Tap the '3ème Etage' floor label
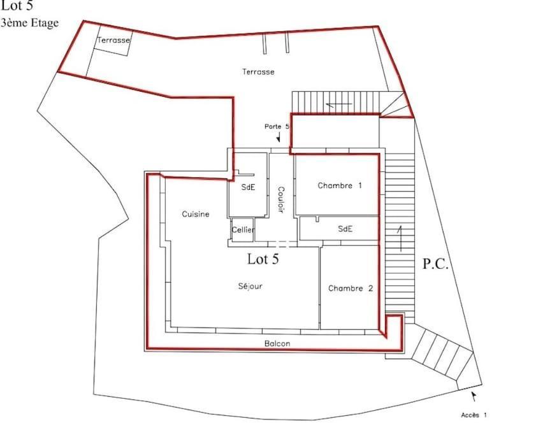pos(30,23)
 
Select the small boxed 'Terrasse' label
pos(113,40)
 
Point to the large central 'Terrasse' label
pos(258,72)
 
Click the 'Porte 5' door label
pos(277,127)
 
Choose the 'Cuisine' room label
pos(196,214)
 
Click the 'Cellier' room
pos(243,230)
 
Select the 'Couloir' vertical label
pos(280,199)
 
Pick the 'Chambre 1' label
pos(340,186)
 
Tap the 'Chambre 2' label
pos(351,289)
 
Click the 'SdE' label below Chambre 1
pos(345,229)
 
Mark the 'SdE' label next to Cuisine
pos(248,187)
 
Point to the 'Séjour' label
pos(250,287)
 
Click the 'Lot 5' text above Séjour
pos(263,259)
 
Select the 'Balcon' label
pos(277,344)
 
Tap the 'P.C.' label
pos(436,264)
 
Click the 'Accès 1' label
pos(474,415)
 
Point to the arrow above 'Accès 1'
pos(473,396)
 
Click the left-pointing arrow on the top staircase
pos(338,104)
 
